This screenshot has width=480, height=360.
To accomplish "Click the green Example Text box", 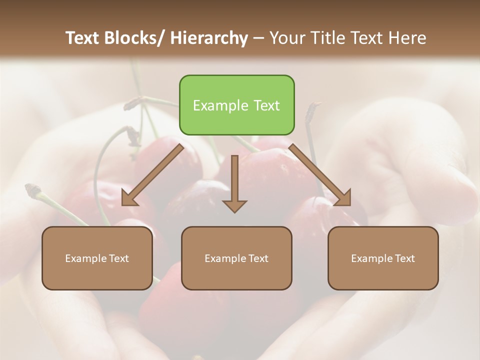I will pyautogui.click(x=236, y=105).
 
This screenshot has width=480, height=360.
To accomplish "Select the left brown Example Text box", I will pyautogui.click(x=97, y=258).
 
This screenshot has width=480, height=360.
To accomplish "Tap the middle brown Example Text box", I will pyautogui.click(x=236, y=258).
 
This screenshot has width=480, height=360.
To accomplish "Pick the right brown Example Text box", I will pyautogui.click(x=383, y=258).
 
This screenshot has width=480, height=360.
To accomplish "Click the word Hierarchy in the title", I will pyautogui.click(x=209, y=38).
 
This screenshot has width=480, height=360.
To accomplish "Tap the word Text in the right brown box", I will pyautogui.click(x=404, y=258).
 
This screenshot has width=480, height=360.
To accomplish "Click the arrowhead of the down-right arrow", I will pyautogui.click(x=344, y=198).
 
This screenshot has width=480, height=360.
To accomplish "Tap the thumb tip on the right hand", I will pyautogui.click(x=467, y=192).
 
